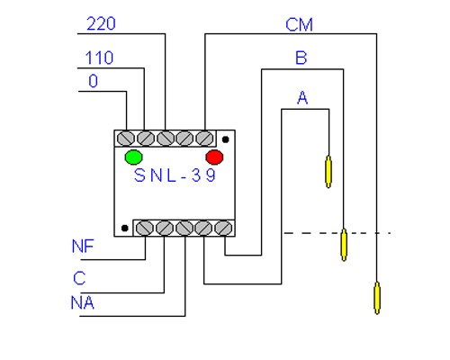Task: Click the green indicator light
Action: point(133,157)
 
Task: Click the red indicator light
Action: point(214,157)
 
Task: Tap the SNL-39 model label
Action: point(175,175)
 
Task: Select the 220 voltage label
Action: point(101,23)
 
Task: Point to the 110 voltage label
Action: point(99,58)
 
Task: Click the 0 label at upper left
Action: point(93,81)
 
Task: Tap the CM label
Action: point(299,24)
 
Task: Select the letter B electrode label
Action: point(301,58)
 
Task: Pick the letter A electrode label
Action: point(302,97)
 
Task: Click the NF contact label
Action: point(83,246)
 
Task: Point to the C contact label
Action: point(79,278)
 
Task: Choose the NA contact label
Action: point(83,302)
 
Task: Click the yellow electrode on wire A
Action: point(328,172)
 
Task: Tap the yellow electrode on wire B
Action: point(344,245)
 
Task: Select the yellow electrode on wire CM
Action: point(377,298)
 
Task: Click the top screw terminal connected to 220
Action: point(166,139)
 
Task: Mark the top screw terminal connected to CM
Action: point(204,139)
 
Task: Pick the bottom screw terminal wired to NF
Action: point(145,229)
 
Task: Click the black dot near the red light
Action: point(226,139)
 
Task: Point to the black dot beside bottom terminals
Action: point(125,229)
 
